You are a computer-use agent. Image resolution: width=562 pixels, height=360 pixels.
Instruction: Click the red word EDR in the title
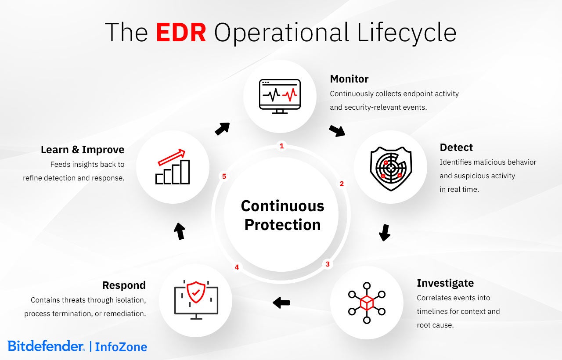coord(181,32)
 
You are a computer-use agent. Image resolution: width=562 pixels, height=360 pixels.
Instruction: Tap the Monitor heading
coord(349,79)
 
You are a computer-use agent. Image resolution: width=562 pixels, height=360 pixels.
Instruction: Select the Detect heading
coord(456,148)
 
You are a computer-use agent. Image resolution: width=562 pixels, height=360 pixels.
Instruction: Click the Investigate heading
coord(445,283)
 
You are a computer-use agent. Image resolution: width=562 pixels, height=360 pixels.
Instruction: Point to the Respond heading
coord(124,285)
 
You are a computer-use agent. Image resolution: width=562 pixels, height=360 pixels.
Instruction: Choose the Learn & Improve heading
coord(83,150)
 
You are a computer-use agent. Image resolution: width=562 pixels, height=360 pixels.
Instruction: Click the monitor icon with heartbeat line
coord(280,96)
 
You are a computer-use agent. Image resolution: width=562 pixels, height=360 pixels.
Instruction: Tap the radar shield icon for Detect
coord(390,167)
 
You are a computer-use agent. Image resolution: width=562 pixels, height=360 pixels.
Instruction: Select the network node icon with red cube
coord(367,303)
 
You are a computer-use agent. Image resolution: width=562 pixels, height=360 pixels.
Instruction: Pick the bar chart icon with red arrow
coord(172,167)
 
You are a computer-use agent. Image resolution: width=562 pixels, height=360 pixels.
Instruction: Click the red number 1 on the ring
coord(282,146)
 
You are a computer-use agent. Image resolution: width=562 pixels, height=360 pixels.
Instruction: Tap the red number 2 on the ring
coord(342,184)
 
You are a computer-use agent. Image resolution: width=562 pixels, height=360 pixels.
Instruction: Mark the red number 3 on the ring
coord(327,264)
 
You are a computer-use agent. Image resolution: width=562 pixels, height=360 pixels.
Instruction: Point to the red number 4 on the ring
coord(237,267)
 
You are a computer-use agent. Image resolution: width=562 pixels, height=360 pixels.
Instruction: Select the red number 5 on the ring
coord(224,176)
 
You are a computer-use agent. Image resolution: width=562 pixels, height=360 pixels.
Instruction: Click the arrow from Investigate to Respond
coord(281,302)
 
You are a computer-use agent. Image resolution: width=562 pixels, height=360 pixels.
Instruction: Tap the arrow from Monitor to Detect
coord(337,130)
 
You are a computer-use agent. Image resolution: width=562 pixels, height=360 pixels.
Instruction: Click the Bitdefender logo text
coord(46,346)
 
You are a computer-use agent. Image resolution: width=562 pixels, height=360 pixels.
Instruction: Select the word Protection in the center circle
coord(282,225)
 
